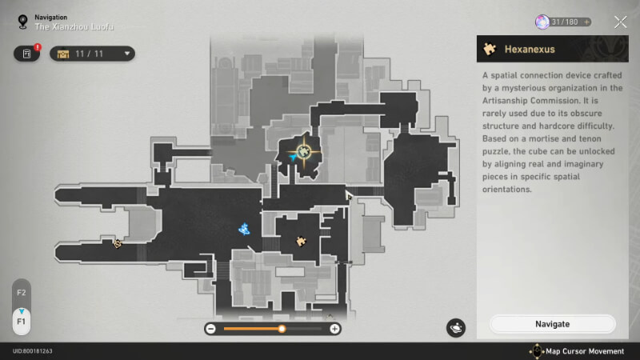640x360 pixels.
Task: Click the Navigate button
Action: click(552, 324)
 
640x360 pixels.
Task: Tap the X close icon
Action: click(621, 22)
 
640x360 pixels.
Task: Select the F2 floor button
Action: click(22, 293)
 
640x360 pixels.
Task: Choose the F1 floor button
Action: click(22, 322)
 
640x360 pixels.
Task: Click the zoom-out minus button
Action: click(210, 329)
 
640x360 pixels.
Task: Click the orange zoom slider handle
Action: click(282, 329)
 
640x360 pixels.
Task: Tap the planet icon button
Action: click(456, 328)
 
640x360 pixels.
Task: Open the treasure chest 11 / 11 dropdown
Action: click(92, 54)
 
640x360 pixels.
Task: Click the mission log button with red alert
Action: click(27, 54)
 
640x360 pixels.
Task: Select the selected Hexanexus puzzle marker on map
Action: click(303, 152)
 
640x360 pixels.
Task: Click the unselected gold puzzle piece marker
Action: click(302, 242)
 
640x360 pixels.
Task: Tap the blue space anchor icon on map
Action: click(244, 230)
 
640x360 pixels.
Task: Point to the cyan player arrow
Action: click(292, 157)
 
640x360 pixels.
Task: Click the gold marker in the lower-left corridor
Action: click(118, 244)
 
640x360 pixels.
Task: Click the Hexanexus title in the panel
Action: click(530, 50)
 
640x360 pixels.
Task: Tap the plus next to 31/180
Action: click(586, 22)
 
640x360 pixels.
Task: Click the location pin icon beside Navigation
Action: click(23, 22)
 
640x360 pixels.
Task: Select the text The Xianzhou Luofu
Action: click(74, 27)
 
